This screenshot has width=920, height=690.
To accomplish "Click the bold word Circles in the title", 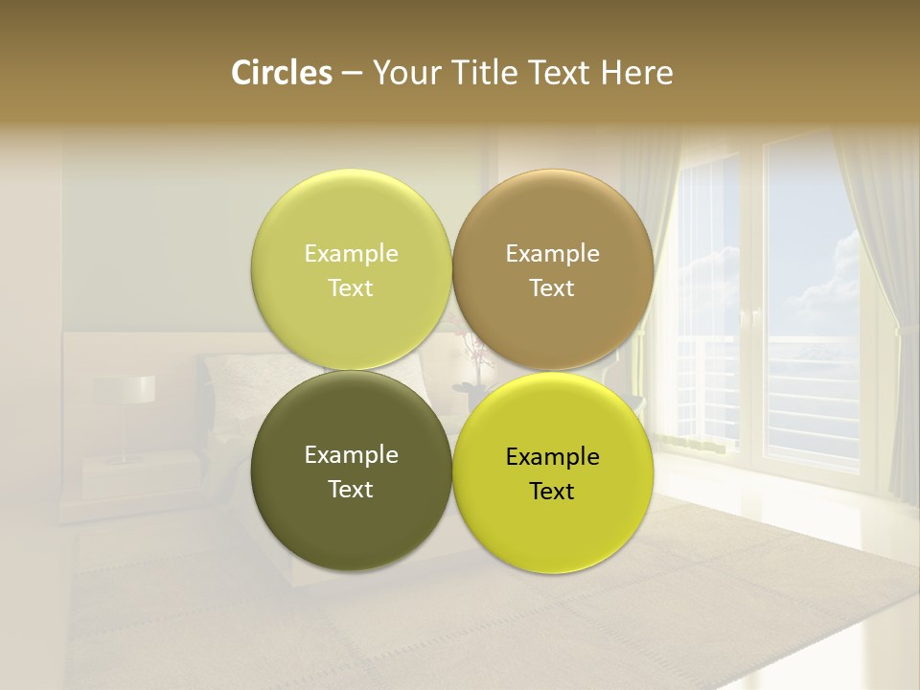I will click(x=281, y=73).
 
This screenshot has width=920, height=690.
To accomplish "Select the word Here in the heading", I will click(x=637, y=73).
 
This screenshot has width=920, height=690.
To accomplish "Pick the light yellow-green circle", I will click(x=351, y=269).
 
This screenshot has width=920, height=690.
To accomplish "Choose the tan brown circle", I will click(x=552, y=269).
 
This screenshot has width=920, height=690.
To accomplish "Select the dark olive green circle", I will click(x=351, y=471).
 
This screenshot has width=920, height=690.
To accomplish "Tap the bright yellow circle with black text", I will click(x=552, y=472).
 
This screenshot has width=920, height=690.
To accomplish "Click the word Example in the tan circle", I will click(x=552, y=254).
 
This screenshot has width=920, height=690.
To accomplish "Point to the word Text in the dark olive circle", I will click(x=351, y=490).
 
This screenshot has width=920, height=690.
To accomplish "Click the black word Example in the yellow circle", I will click(x=552, y=457).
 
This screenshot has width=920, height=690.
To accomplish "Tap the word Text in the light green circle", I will click(x=351, y=288).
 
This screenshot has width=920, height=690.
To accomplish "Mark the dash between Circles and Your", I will click(x=352, y=74).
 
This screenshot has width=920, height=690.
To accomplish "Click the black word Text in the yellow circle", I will click(x=552, y=492).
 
